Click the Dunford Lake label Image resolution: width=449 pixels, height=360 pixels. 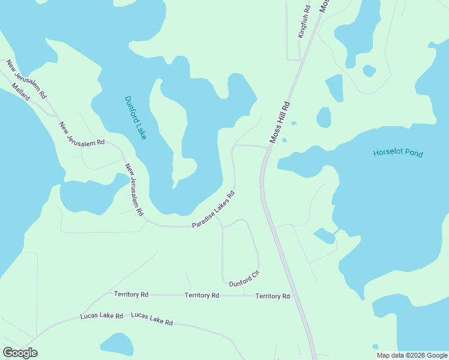pyautogui.click(x=136, y=118)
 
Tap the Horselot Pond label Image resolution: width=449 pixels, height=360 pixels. pyautogui.click(x=398, y=153)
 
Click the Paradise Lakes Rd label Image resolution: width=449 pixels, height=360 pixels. pyautogui.click(x=212, y=209)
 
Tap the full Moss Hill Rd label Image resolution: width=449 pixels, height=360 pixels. pyautogui.click(x=280, y=122)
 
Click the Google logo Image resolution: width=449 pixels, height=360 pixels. pyautogui.click(x=20, y=353)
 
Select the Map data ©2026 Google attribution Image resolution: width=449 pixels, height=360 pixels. pyautogui.click(x=412, y=355)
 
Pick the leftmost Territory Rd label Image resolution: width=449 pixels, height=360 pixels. pyautogui.click(x=131, y=295)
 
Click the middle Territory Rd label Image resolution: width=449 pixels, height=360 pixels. pyautogui.click(x=202, y=295)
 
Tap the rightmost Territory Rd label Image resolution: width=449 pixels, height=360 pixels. pyautogui.click(x=273, y=296)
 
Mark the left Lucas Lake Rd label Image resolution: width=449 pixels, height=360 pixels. pyautogui.click(x=102, y=316)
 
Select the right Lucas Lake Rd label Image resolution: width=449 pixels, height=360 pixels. pyautogui.click(x=152, y=319)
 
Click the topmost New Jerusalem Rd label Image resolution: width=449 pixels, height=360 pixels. pyautogui.click(x=26, y=79)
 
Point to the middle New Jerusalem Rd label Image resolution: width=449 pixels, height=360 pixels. pyautogui.click(x=82, y=134)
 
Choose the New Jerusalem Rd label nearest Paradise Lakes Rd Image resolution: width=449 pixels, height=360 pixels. pyautogui.click(x=134, y=189)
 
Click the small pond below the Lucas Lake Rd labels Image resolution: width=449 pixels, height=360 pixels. pyautogui.click(x=117, y=344)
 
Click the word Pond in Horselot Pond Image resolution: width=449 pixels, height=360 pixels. pyautogui.click(x=412, y=154)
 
